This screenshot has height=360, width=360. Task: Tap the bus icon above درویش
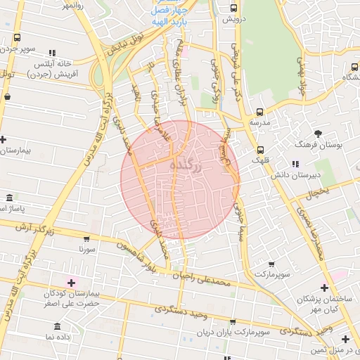tap(234, 8)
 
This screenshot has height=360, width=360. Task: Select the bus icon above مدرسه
tap(259, 112)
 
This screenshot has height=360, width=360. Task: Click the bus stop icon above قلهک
tap(260, 149)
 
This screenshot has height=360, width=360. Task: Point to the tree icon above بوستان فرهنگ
tap(319, 133)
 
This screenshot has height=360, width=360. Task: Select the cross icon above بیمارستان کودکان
tap(70, 283)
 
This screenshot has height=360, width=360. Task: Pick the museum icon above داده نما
tap(58, 326)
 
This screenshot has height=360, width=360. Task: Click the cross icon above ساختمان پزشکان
tap(323, 287)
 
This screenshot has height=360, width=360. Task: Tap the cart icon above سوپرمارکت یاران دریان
tap(243, 320)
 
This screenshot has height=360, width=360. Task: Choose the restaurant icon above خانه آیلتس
tap(51, 53)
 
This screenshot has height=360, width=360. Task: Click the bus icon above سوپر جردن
tap(17, 38)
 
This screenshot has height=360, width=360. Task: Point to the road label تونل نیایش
tap(124, 51)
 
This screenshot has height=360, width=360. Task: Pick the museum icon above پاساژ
tap(8, 198)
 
